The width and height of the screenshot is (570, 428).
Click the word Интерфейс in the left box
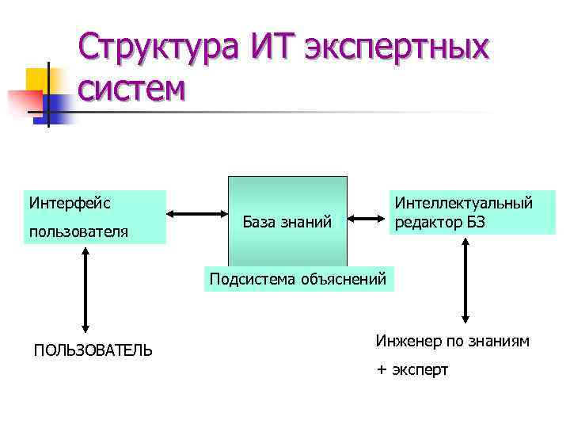click(x=70, y=203)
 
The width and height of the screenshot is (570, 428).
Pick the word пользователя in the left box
click(x=78, y=232)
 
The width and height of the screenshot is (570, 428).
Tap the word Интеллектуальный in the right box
click(x=464, y=204)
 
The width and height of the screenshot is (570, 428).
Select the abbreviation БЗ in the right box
click(x=474, y=223)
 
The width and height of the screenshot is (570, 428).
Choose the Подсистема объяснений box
click(x=298, y=278)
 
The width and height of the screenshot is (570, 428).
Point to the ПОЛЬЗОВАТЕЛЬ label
click(x=93, y=350)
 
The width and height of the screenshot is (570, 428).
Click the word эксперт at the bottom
click(x=420, y=369)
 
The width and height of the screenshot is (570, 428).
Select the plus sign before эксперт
click(x=382, y=369)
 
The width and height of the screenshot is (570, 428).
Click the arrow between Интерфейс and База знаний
click(x=197, y=213)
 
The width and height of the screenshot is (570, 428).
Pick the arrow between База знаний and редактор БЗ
click(x=367, y=218)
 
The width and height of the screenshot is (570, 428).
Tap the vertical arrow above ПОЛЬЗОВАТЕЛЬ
click(x=84, y=289)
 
